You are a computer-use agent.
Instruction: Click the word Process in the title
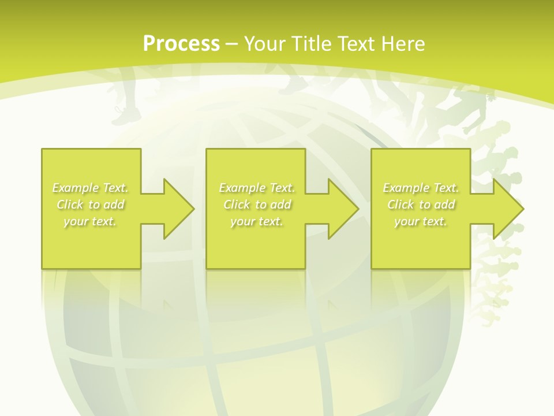coord(181,44)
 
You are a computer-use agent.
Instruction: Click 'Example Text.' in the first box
coord(91,188)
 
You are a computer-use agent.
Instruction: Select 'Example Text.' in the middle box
coord(257,188)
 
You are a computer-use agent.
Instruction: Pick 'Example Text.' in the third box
coord(421,188)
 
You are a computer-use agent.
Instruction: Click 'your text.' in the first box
coord(90,221)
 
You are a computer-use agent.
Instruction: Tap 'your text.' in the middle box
coord(256,221)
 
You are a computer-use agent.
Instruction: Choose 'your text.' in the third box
coord(420,221)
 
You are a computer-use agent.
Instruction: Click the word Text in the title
coord(355,44)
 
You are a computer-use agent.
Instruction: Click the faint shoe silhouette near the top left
coord(124,116)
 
